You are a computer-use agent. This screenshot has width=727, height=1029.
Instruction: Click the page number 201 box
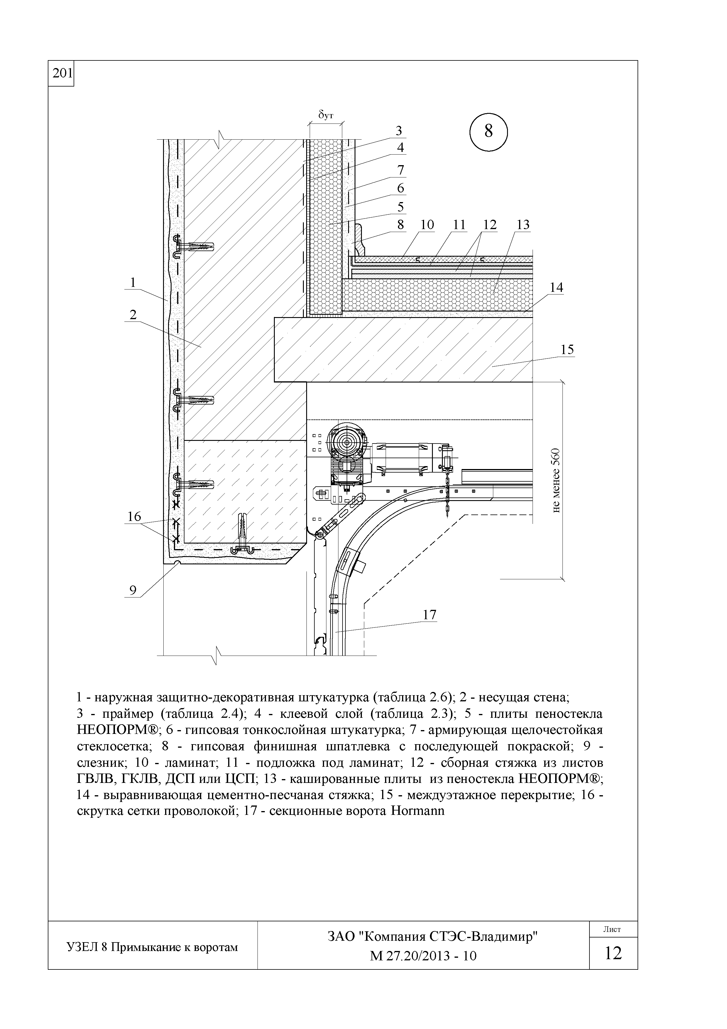coord(61,73)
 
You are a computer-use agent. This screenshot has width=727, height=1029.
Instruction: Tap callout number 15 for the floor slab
coord(567,350)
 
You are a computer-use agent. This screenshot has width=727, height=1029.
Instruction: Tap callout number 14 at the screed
coord(556,287)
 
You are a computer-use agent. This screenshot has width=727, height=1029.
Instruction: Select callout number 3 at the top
coord(398,131)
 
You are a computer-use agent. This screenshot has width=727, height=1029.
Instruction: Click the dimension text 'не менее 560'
coord(556,480)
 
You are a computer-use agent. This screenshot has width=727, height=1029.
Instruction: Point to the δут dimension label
coord(326,115)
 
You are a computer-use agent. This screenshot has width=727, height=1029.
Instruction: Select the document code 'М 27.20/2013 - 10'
coord(423,956)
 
